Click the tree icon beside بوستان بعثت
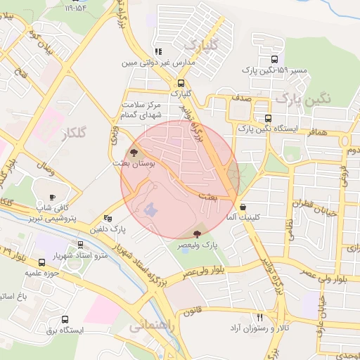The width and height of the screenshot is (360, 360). coord(133,152)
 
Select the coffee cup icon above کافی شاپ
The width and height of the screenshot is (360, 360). coord(53,198)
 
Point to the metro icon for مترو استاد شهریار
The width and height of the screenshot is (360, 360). coord(81,245)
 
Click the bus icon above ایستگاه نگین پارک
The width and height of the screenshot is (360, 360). coord(267,118)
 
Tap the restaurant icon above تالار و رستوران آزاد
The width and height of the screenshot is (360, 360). coord(260,318)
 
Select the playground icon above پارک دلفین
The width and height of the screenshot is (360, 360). coord(107,219)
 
